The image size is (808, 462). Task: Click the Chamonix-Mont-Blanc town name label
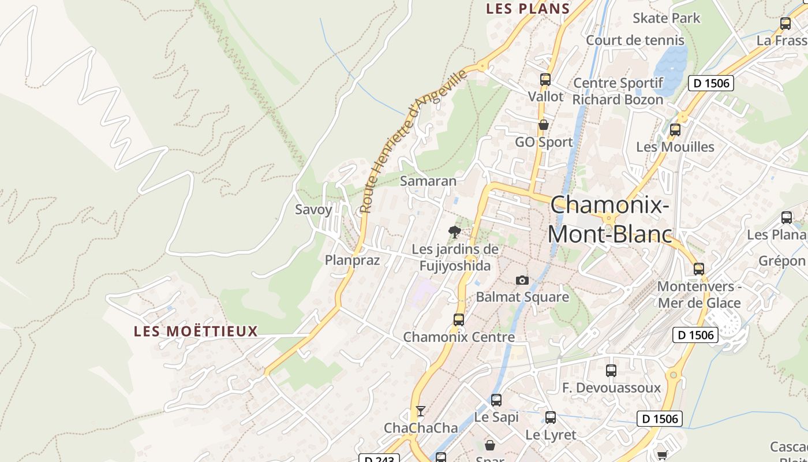(609, 219)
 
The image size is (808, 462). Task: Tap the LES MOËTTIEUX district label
(196, 331)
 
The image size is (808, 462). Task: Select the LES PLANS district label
(528, 9)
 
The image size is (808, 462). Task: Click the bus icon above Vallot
(545, 80)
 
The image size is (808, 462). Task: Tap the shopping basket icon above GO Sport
(543, 125)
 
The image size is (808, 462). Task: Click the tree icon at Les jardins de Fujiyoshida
(455, 232)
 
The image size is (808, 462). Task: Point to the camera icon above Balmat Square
(522, 280)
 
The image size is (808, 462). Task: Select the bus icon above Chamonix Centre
(459, 319)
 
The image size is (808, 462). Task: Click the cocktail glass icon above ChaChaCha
(421, 411)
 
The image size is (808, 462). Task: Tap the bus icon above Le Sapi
(496, 400)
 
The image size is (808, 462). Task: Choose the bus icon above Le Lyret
(551, 417)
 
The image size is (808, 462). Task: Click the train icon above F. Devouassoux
(611, 371)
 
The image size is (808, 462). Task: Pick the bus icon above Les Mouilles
(675, 130)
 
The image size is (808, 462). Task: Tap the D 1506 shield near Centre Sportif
(711, 83)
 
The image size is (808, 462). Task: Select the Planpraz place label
(352, 260)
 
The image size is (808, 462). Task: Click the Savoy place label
(313, 210)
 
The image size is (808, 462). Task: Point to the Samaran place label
(428, 181)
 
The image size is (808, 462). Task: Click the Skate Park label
(666, 18)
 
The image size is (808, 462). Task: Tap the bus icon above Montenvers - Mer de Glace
(699, 269)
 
